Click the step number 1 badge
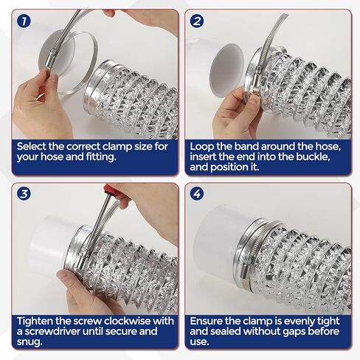[25, 21]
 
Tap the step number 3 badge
[25, 195]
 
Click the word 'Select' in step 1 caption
[33, 146]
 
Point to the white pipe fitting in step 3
[52, 243]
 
